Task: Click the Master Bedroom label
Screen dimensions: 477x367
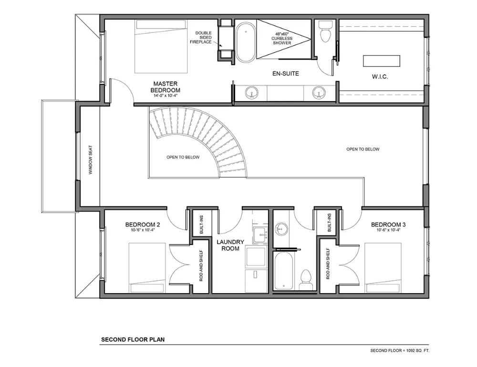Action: pos(165,87)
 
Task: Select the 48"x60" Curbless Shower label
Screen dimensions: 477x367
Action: pos(282,39)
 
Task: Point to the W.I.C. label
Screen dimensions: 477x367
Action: pos(380,77)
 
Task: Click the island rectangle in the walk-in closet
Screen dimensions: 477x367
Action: pos(382,61)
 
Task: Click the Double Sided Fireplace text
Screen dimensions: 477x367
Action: pos(201,37)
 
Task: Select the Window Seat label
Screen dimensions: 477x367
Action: pos(91,160)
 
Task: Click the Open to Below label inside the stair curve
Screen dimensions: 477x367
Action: pos(183,157)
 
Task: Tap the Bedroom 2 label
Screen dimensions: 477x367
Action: pos(143,224)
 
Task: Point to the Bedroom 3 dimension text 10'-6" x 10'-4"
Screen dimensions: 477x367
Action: pos(388,230)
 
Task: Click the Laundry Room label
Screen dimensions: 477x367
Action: pos(230,245)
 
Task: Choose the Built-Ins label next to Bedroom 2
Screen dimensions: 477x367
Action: pos(201,224)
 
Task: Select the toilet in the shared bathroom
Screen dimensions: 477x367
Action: pos(306,280)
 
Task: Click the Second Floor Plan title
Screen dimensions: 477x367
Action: pos(133,339)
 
